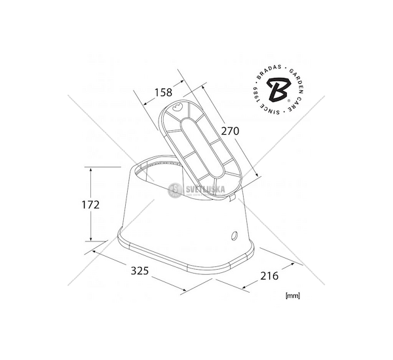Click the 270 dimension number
coord(230,131)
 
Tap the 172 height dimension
coord(91,205)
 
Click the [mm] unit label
coord(293,295)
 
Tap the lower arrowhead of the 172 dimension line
coord(91,240)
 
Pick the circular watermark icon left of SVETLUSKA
coord(175,189)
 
